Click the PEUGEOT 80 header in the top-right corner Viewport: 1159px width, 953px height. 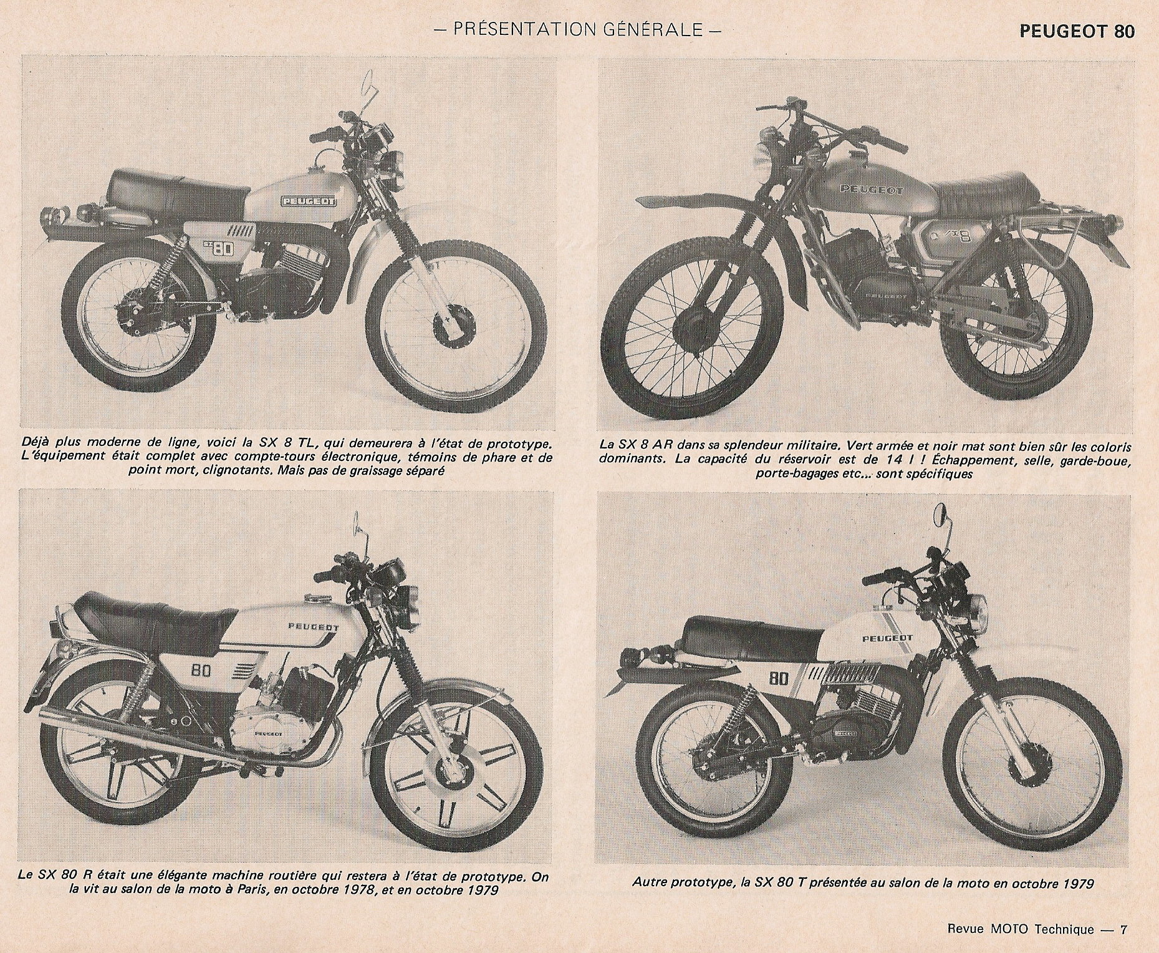coord(1077,31)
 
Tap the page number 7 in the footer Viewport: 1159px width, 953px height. coord(1123,929)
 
